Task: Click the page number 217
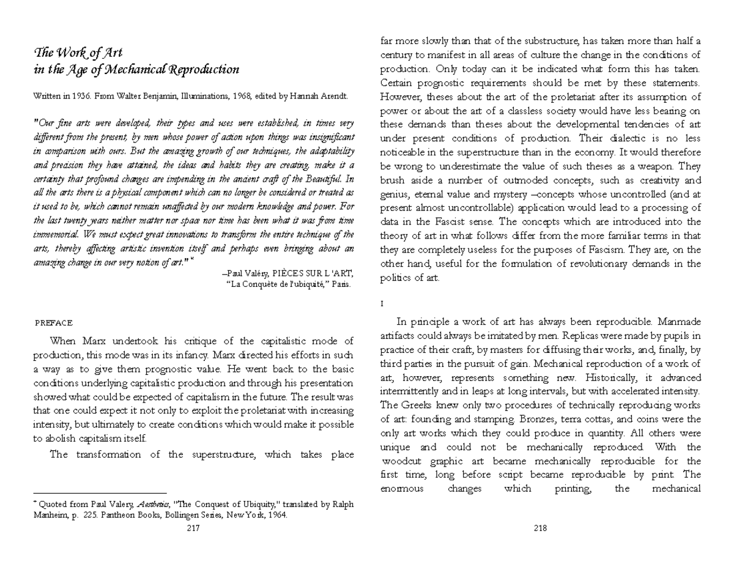194,529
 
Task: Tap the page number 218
539,529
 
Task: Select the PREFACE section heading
54,322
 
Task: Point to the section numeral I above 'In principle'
382,303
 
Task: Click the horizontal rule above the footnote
99,492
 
